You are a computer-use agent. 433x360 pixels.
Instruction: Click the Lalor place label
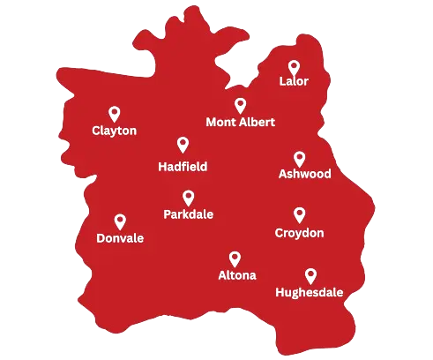pyautogui.click(x=294, y=82)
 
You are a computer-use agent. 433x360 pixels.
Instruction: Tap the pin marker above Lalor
pyautogui.click(x=294, y=67)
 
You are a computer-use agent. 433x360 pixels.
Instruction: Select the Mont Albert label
pyautogui.click(x=240, y=122)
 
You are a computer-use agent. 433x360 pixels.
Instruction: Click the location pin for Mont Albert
pyautogui.click(x=240, y=105)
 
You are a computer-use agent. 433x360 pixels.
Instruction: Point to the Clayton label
pyautogui.click(x=115, y=131)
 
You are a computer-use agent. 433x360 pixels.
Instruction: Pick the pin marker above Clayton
pyautogui.click(x=115, y=113)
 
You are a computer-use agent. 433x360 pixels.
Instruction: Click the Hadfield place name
pyautogui.click(x=183, y=166)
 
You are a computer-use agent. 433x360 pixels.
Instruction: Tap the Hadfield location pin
pyautogui.click(x=183, y=145)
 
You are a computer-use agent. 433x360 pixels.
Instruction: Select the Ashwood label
pyautogui.click(x=304, y=174)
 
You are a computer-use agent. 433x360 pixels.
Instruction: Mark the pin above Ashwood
pyautogui.click(x=299, y=159)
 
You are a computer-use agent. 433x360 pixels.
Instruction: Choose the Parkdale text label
pyautogui.click(x=188, y=214)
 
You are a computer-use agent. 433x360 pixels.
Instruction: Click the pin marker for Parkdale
pyautogui.click(x=188, y=198)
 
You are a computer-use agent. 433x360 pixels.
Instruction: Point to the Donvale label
pyautogui.click(x=120, y=238)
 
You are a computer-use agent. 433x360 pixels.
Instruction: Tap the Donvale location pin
pyautogui.click(x=120, y=221)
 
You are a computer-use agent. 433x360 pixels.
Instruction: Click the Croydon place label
pyautogui.click(x=299, y=233)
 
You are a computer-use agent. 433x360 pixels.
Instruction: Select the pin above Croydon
pyautogui.click(x=299, y=214)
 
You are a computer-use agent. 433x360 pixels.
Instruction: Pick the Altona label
pyautogui.click(x=237, y=275)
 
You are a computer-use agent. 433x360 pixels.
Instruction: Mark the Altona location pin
pyautogui.click(x=235, y=259)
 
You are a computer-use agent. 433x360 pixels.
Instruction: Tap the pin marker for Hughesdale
pyautogui.click(x=310, y=275)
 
